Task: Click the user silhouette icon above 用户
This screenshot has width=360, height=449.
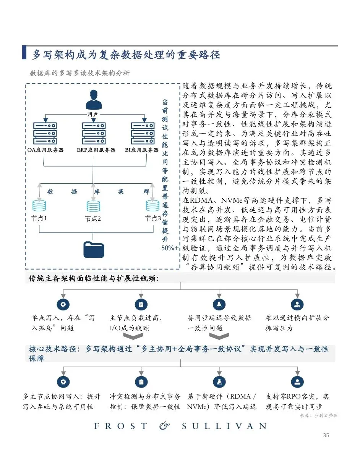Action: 93,100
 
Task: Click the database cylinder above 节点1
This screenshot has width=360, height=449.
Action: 39,206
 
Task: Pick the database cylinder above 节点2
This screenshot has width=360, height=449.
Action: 93,206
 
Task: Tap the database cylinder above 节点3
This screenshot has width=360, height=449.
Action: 152,206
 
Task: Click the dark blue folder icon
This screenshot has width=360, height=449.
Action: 93,249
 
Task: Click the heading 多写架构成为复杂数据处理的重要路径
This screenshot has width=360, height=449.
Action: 126,55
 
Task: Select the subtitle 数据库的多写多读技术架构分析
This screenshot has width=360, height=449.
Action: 80,73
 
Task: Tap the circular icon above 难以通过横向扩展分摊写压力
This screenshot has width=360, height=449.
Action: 297,304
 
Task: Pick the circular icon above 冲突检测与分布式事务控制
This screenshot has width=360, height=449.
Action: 141,381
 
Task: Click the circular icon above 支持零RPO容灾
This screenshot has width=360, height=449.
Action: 297,381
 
